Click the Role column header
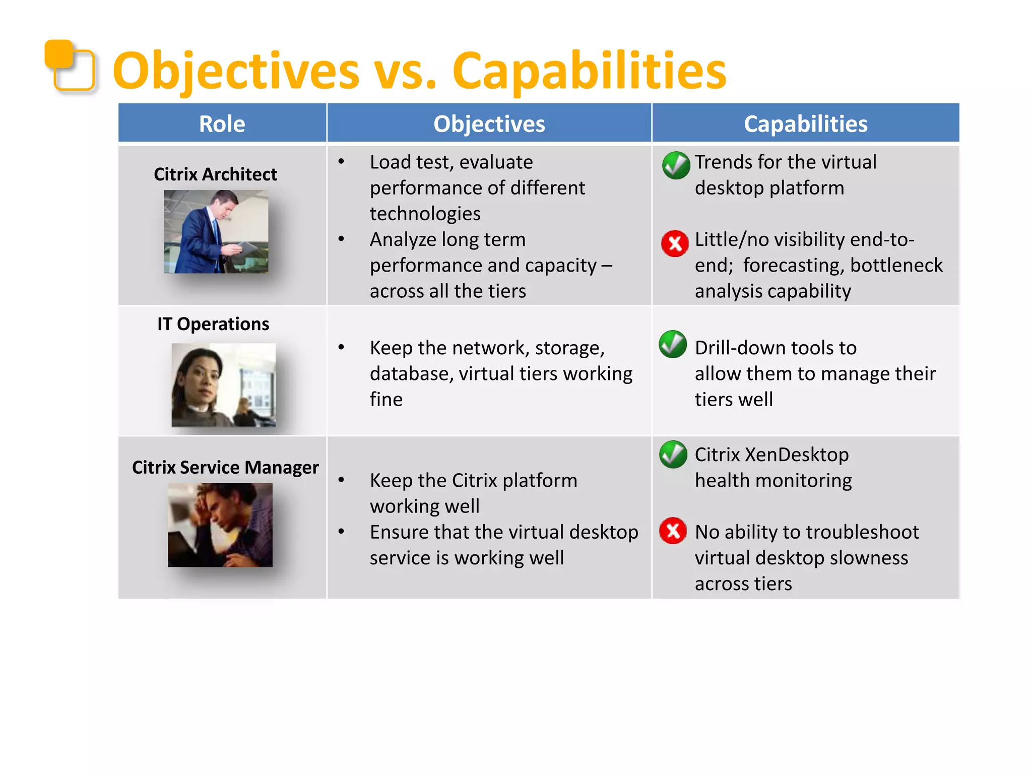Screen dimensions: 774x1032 (222, 124)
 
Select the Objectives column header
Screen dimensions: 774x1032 (489, 124)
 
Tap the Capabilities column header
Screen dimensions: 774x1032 (805, 124)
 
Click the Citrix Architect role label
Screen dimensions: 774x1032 (215, 174)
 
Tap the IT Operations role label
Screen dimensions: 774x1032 (213, 324)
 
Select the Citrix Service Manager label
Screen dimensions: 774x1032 (225, 468)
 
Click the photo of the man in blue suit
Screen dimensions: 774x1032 (216, 232)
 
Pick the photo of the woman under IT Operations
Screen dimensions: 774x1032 (223, 385)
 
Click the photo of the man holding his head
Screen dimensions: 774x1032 (220, 525)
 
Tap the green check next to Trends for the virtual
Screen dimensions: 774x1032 (676, 165)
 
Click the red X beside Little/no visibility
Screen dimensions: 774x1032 (675, 243)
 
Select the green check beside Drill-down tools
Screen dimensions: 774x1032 (673, 345)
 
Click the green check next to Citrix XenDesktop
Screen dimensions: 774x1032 (673, 454)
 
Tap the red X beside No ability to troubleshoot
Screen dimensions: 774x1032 (673, 531)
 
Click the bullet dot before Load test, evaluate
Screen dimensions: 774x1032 (341, 162)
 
